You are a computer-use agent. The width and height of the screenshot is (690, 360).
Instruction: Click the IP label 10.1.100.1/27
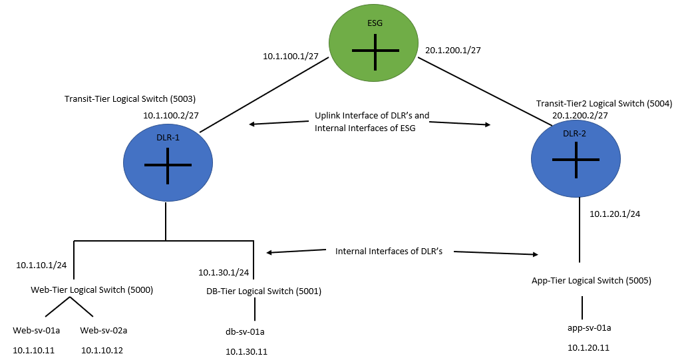(291, 57)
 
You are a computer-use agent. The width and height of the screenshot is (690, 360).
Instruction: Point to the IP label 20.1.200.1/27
(452, 50)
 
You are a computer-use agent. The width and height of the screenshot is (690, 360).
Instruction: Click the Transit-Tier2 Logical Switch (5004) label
(604, 104)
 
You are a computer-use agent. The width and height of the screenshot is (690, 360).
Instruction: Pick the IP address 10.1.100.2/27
(171, 115)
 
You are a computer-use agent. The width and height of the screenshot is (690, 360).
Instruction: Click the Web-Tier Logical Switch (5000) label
(92, 289)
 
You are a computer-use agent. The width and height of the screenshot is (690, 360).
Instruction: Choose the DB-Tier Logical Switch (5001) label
(264, 291)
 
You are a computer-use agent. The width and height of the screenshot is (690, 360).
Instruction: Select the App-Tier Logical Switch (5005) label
(591, 280)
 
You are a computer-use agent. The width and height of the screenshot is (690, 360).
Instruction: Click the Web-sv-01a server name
(37, 330)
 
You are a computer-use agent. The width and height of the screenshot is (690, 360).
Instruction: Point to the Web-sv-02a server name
(104, 330)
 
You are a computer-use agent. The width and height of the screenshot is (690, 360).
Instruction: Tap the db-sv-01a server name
(246, 331)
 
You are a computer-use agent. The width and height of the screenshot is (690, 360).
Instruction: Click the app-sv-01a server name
(589, 327)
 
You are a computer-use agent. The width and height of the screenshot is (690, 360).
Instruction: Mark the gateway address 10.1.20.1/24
(615, 214)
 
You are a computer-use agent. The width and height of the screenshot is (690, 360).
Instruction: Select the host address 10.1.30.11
(246, 351)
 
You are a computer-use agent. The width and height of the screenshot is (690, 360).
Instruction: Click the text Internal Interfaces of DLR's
(389, 252)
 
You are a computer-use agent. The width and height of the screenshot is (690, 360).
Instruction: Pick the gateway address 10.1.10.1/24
(41, 265)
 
